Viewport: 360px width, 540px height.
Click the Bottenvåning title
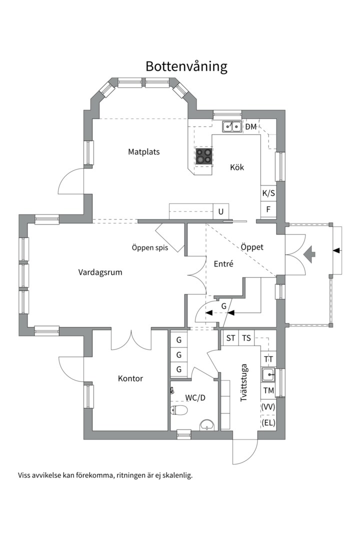(186, 66)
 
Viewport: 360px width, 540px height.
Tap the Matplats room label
(144, 152)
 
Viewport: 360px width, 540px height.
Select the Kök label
(237, 167)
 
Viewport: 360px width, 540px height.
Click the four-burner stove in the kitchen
(204, 156)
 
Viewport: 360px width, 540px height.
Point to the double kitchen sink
(231, 126)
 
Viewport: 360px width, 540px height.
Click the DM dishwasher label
(251, 126)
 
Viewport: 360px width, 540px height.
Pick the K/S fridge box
(268, 193)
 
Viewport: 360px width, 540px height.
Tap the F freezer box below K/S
(268, 209)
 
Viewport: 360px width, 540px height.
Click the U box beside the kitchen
(221, 211)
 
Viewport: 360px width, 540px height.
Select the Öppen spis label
(150, 247)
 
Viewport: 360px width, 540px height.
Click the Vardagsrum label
(100, 272)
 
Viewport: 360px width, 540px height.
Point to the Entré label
(223, 264)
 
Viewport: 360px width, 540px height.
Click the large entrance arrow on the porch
(309, 254)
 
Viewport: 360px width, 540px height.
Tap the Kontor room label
(130, 378)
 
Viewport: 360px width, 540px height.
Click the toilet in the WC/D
(179, 410)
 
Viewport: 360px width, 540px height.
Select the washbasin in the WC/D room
(207, 425)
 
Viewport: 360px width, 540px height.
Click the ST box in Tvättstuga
(230, 338)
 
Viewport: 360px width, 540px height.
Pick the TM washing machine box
(268, 390)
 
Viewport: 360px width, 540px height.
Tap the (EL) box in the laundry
(268, 422)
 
